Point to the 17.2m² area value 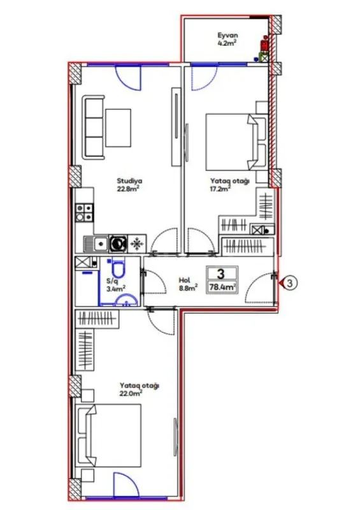click(219, 189)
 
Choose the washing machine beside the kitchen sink click(118, 243)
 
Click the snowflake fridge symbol click(136, 243)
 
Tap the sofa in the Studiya click(93, 128)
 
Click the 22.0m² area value click(129, 393)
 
